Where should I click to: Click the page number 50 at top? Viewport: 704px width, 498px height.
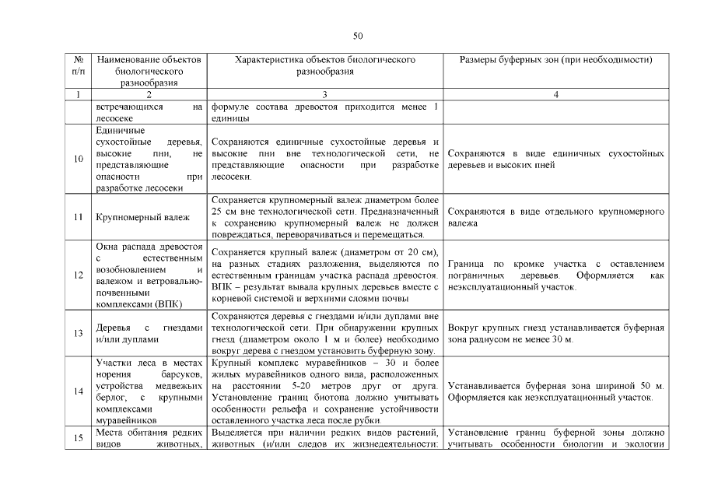click(x=358, y=36)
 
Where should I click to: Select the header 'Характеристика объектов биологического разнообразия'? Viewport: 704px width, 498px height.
click(x=325, y=65)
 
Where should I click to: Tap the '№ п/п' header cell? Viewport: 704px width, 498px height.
click(x=79, y=65)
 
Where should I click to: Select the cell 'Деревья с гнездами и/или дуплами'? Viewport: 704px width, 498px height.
click(x=149, y=334)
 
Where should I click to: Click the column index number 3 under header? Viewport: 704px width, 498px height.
click(x=324, y=94)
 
